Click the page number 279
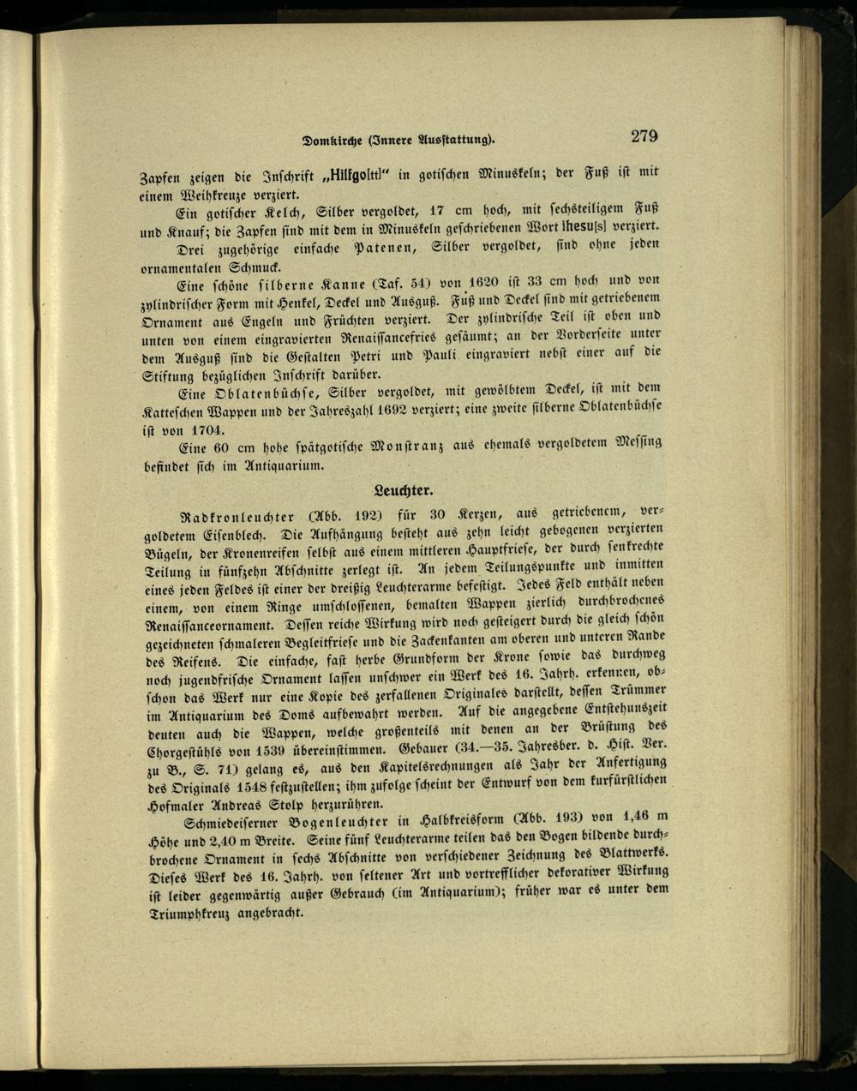point(644,135)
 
